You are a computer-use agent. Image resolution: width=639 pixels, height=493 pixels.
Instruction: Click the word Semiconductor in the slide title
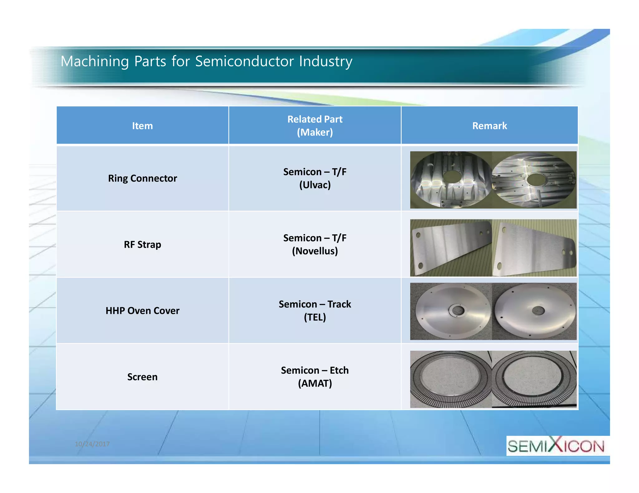244,61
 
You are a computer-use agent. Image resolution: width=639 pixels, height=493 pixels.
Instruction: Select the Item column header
142,126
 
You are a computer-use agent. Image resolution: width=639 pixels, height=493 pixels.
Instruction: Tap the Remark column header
489,126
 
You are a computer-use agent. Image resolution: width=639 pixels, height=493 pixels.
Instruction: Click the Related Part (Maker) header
315,126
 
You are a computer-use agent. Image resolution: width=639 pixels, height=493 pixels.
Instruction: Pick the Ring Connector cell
142,178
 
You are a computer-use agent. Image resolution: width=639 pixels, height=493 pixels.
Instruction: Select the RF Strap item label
142,245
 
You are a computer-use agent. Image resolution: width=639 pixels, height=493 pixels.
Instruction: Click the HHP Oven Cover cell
142,311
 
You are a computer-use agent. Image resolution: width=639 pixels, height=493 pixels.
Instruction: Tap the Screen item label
142,377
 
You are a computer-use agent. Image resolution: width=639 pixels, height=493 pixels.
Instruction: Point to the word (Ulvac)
315,185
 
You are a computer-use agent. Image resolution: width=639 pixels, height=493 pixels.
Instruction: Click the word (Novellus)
315,251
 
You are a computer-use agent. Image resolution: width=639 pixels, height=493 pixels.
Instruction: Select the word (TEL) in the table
315,317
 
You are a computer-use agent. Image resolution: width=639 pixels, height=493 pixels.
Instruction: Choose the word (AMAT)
315,383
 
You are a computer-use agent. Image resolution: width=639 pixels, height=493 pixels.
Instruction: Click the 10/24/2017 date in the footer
92,444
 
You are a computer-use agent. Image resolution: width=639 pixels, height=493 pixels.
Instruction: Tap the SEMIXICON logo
556,446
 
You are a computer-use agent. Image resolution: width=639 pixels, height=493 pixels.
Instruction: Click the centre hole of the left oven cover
458,310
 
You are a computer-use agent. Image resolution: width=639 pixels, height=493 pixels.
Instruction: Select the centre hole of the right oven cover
538,310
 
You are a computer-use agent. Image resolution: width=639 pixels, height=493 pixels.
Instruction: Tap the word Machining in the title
95,61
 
